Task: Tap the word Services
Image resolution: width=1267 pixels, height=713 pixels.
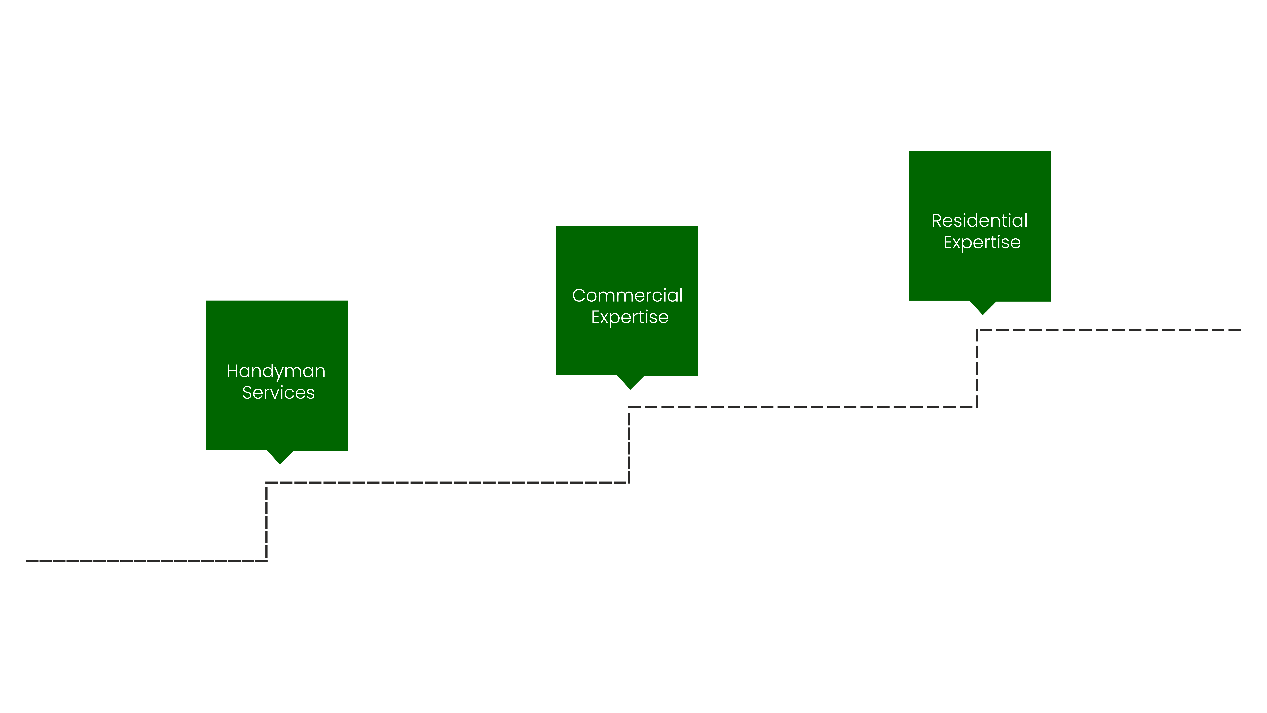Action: click(x=278, y=393)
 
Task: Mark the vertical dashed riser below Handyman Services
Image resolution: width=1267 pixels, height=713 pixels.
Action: click(x=267, y=522)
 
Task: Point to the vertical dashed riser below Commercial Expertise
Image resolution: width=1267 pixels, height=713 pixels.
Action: click(x=629, y=445)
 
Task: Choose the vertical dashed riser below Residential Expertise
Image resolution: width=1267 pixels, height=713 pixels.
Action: click(x=977, y=369)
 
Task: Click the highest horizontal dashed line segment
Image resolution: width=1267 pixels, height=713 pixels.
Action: click(x=1109, y=330)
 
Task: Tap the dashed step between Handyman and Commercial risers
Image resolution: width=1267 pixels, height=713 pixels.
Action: click(x=448, y=483)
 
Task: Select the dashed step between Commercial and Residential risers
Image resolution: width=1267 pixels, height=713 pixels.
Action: click(x=803, y=407)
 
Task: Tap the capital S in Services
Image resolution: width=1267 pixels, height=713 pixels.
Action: click(x=247, y=393)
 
